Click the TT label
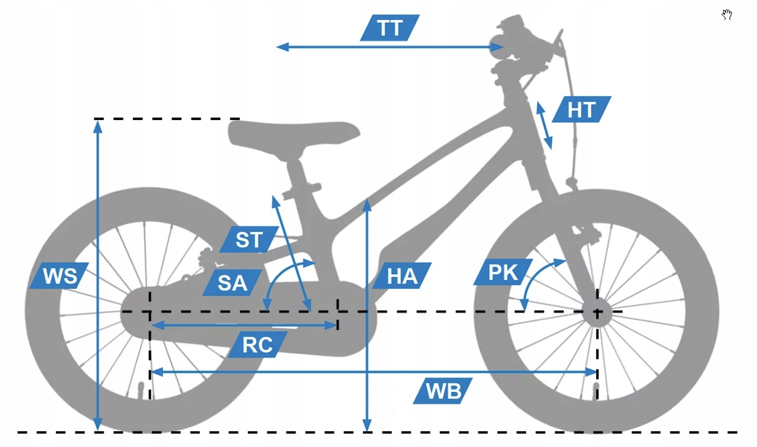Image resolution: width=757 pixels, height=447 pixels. click(x=390, y=28)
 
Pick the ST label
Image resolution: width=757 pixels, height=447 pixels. click(x=249, y=239)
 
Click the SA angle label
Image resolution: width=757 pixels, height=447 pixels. click(x=232, y=282)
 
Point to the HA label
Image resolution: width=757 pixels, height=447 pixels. click(x=403, y=276)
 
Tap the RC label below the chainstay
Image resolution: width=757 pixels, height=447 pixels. click(x=258, y=345)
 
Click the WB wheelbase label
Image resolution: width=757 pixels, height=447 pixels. click(x=443, y=391)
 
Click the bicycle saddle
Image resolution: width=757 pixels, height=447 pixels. click(x=293, y=134)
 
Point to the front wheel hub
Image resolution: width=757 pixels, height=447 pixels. click(x=597, y=312)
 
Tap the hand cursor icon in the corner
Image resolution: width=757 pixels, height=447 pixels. click(x=727, y=15)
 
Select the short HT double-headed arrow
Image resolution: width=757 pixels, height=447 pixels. click(x=544, y=125)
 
